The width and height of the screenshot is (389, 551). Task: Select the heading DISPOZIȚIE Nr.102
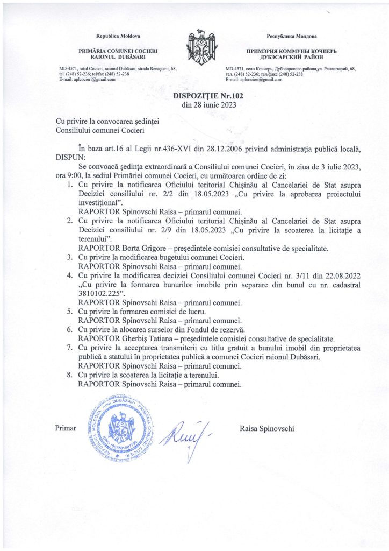(x=201, y=96)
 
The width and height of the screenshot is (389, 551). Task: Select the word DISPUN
(x=70, y=156)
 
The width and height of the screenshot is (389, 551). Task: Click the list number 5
(x=70, y=312)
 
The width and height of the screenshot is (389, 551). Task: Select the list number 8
(x=70, y=375)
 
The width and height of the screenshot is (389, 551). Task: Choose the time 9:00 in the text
(x=71, y=175)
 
